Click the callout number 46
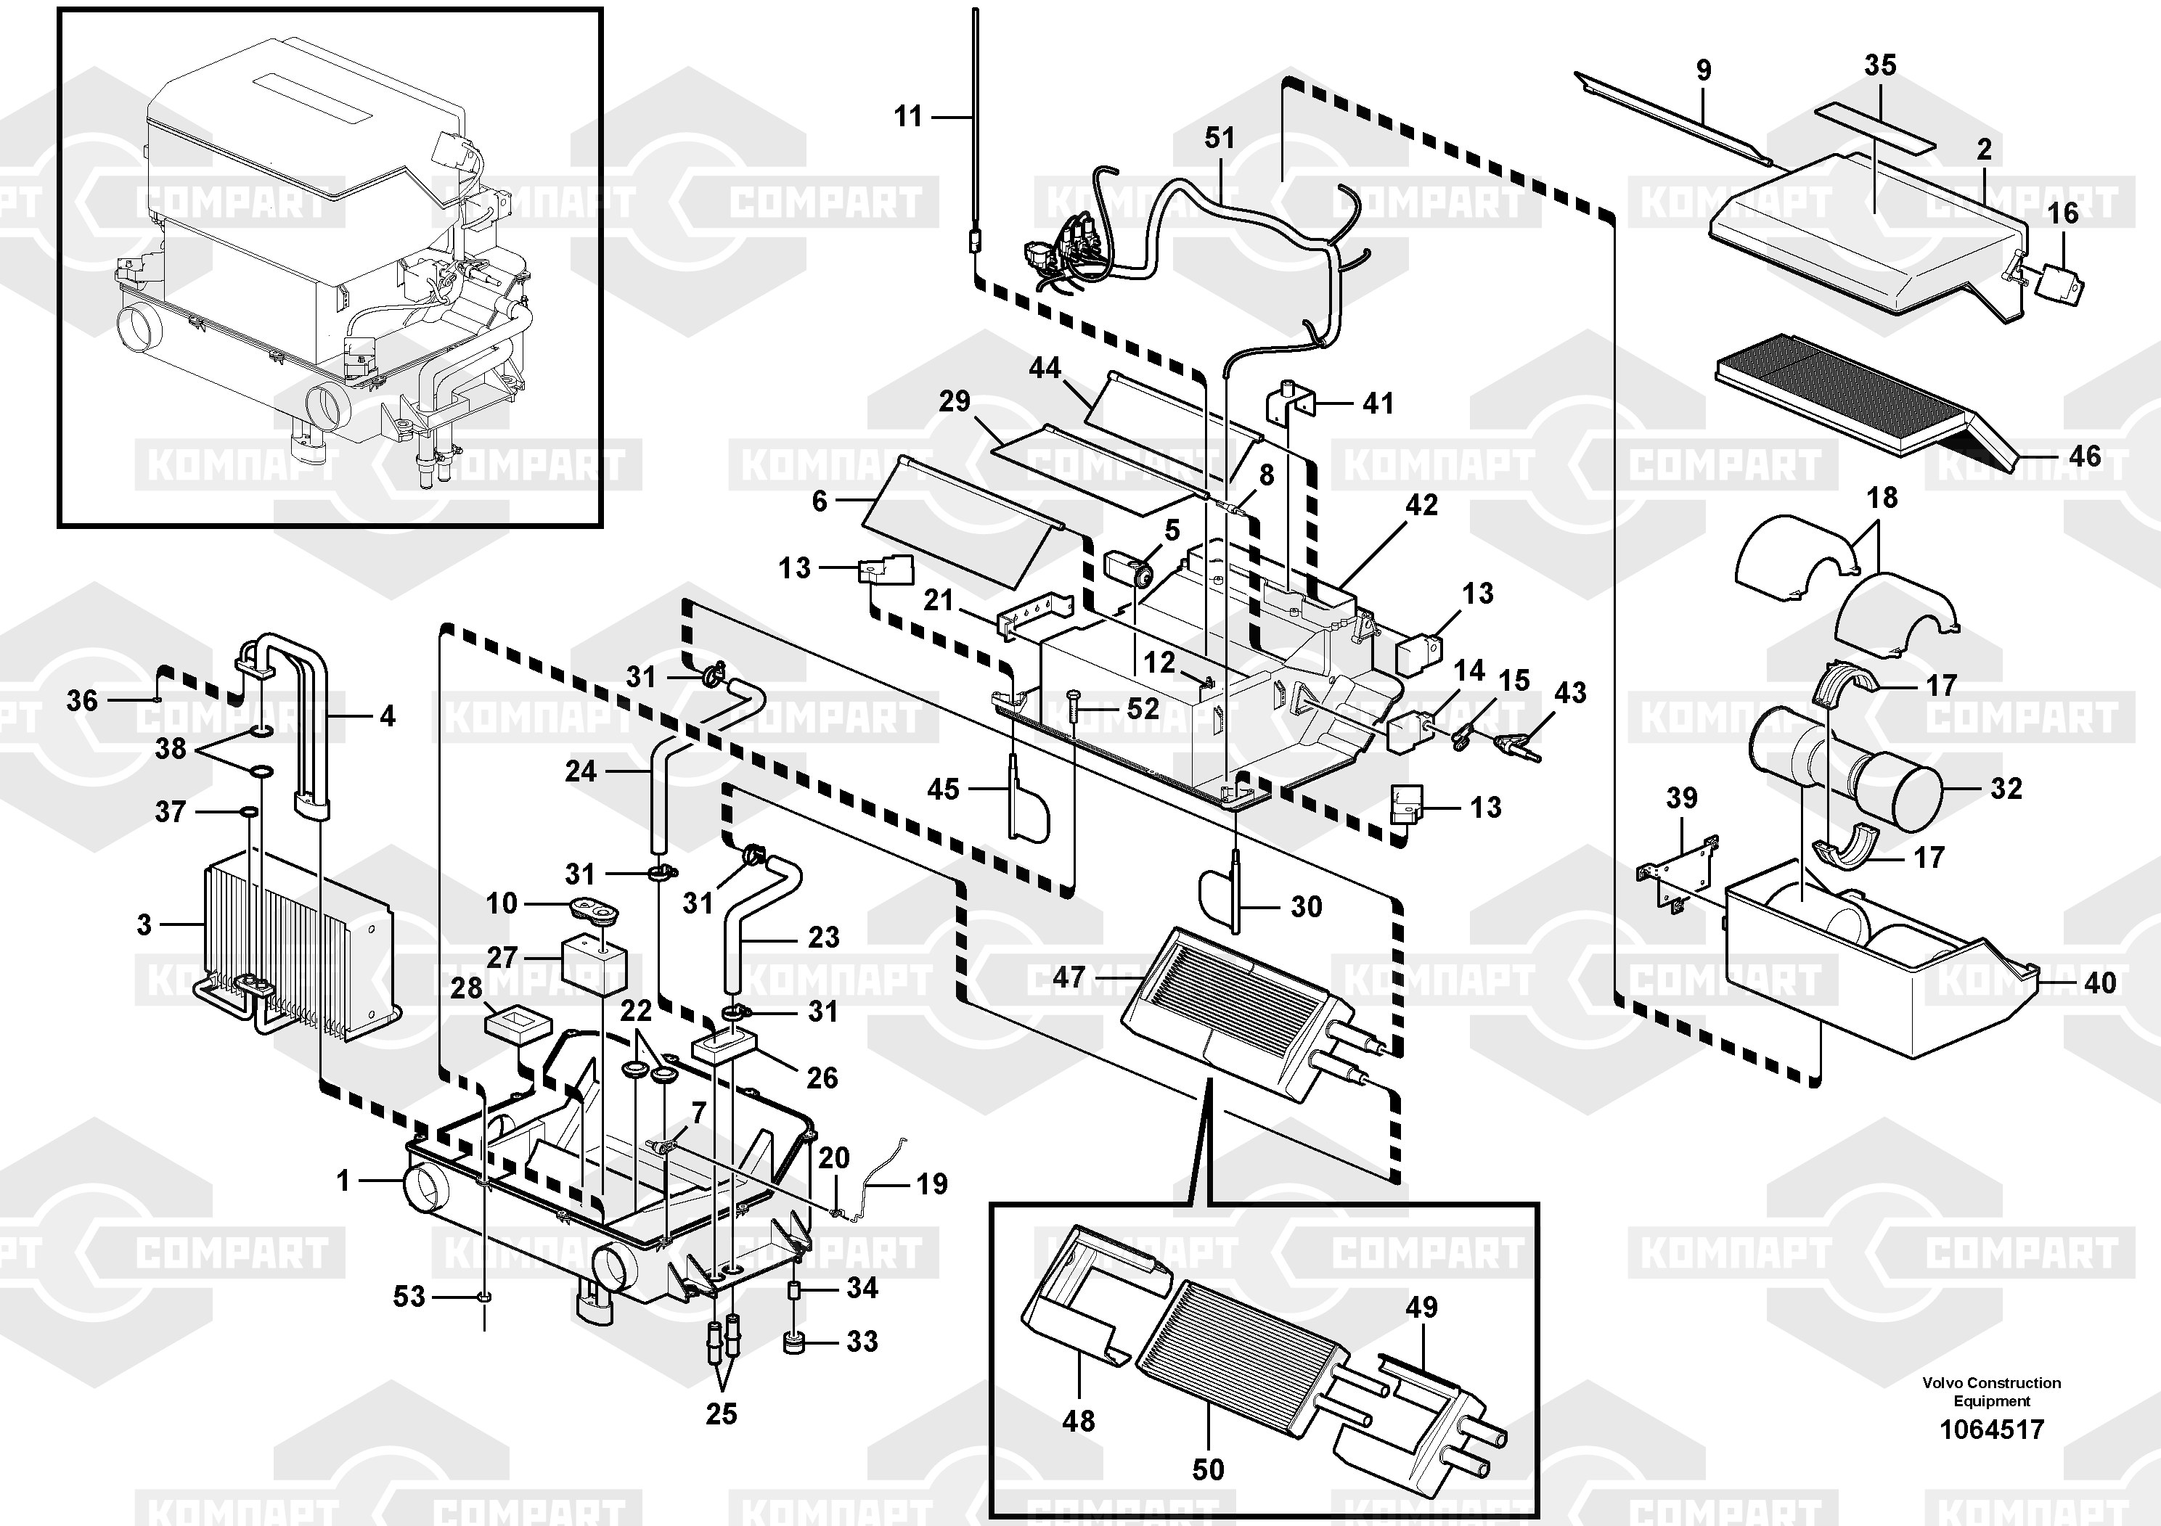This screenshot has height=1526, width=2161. pos(2085,456)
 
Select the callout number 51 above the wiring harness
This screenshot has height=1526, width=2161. pos(1219,139)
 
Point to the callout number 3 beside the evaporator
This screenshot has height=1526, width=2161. pos(144,925)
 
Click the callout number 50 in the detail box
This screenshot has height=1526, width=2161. pos(1208,1469)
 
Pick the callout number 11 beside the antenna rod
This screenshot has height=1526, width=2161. pos(908,117)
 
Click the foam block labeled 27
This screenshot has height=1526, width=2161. pos(593,964)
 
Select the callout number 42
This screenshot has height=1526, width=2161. pos(1421,505)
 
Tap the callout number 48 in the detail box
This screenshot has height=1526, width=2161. pos(1079,1421)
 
